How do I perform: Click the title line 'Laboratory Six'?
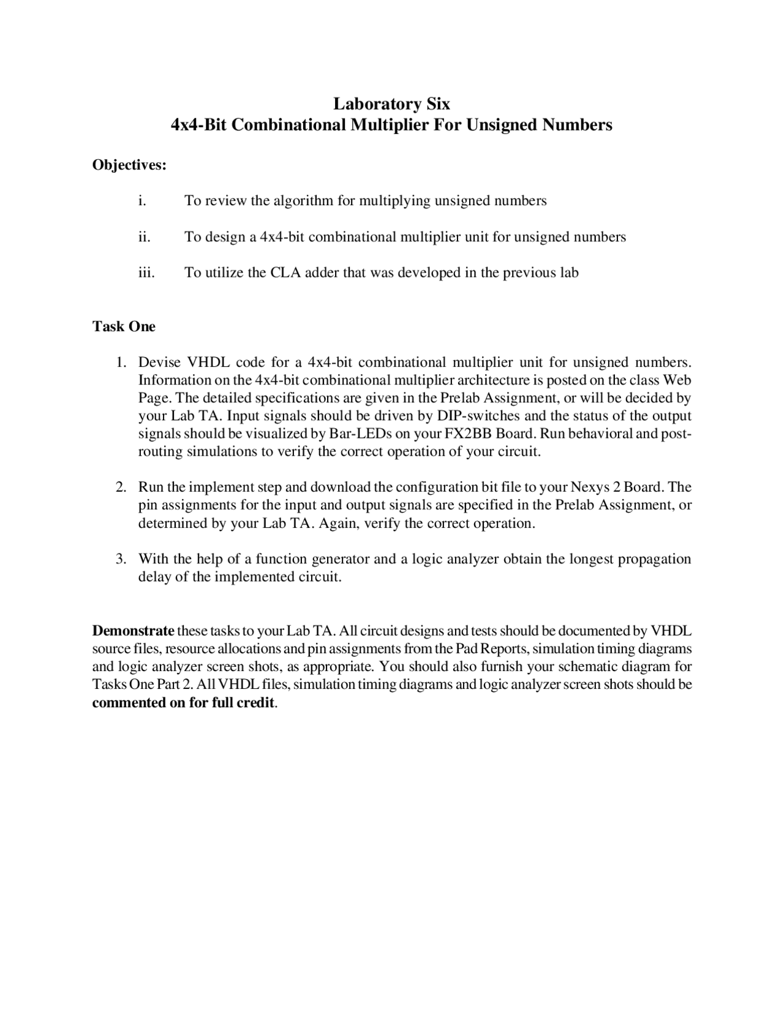tap(391, 104)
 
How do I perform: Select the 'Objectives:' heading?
tap(129, 165)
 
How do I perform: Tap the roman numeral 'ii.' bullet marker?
tap(144, 237)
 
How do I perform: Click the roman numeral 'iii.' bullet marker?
tap(146, 273)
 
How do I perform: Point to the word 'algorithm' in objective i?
tap(303, 201)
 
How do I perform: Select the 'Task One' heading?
tap(124, 326)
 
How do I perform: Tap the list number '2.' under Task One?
tap(121, 487)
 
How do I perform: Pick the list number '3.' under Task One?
tap(121, 559)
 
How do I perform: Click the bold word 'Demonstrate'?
tap(133, 631)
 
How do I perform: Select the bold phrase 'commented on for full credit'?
tap(183, 702)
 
